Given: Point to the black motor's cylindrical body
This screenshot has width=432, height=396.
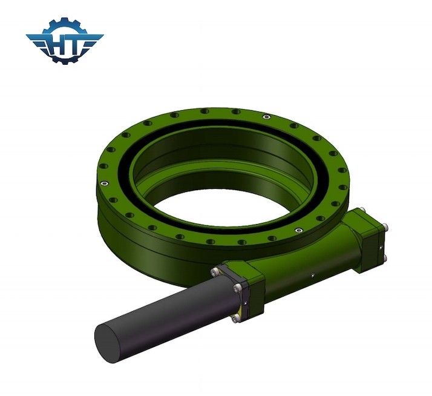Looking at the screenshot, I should pyautogui.click(x=163, y=309).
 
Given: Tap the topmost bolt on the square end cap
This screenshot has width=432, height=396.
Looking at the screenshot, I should pyautogui.click(x=361, y=211).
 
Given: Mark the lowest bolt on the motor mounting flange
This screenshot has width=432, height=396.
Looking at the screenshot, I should pyautogui.click(x=234, y=317).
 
